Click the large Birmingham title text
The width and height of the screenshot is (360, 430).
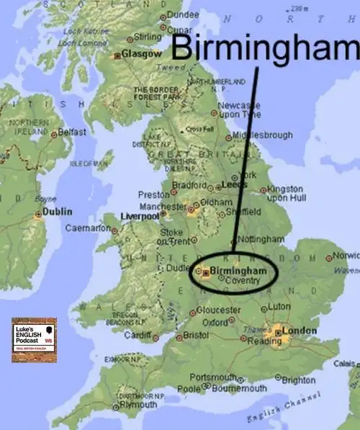click(x=265, y=48)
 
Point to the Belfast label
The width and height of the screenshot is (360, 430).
click(x=71, y=133)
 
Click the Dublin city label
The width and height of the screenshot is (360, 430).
click(x=58, y=212)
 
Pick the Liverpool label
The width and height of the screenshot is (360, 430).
click(x=140, y=215)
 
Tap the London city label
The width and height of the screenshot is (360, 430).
click(x=300, y=331)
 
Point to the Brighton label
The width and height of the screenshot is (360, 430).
click(x=298, y=380)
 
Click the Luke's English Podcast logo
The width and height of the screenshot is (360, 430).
click(x=33, y=339)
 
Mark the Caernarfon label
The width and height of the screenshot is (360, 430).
click(x=86, y=228)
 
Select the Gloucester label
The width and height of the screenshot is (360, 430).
click(x=219, y=310)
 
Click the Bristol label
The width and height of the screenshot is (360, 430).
click(x=196, y=336)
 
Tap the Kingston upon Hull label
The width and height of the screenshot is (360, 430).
click(x=287, y=192)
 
